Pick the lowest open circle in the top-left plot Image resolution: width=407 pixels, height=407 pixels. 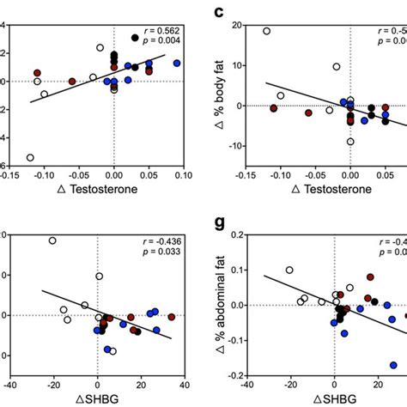pos(31,157)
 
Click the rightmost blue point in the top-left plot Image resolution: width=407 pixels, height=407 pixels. pos(177,63)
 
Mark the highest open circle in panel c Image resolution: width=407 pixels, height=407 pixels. pos(266,31)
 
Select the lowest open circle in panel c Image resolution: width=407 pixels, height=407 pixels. pos(350,142)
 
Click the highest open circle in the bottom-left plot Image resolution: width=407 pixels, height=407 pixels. pos(52,240)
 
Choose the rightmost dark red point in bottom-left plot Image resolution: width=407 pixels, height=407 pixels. pos(172,316)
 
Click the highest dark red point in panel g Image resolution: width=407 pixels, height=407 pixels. pos(371,276)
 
